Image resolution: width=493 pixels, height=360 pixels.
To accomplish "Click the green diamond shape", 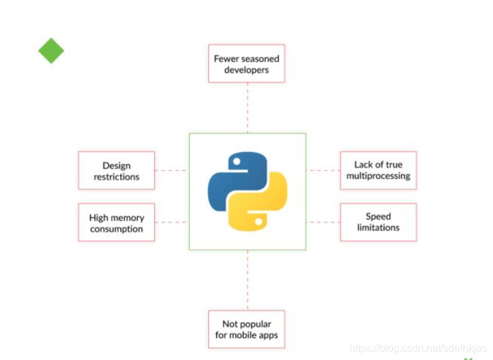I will (x=51, y=50).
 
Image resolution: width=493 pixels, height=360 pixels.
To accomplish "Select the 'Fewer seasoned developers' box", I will (x=246, y=63).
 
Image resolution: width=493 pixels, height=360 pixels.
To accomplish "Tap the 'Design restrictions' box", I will (x=116, y=171).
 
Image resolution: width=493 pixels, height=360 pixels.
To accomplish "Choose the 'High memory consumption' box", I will (x=116, y=223).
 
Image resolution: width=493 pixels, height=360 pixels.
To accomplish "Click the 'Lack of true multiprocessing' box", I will (x=378, y=170).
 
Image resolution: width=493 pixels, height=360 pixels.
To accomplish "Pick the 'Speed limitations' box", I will (x=378, y=222).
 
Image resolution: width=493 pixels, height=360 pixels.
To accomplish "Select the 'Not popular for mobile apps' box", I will (x=246, y=329).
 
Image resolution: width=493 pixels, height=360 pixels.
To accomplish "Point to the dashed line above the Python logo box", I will (x=247, y=107).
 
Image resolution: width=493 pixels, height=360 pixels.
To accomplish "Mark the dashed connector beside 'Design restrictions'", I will (x=171, y=171).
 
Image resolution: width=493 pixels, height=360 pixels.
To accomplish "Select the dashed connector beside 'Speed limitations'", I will (x=322, y=222).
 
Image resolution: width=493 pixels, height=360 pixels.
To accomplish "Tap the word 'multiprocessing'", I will (x=378, y=176).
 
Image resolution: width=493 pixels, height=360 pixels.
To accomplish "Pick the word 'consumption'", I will (x=116, y=229).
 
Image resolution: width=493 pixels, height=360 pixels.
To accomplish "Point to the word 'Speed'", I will (x=378, y=217).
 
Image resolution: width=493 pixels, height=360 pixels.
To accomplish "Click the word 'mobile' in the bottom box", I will (x=243, y=335).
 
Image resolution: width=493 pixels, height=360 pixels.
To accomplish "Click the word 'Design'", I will (x=116, y=165).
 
